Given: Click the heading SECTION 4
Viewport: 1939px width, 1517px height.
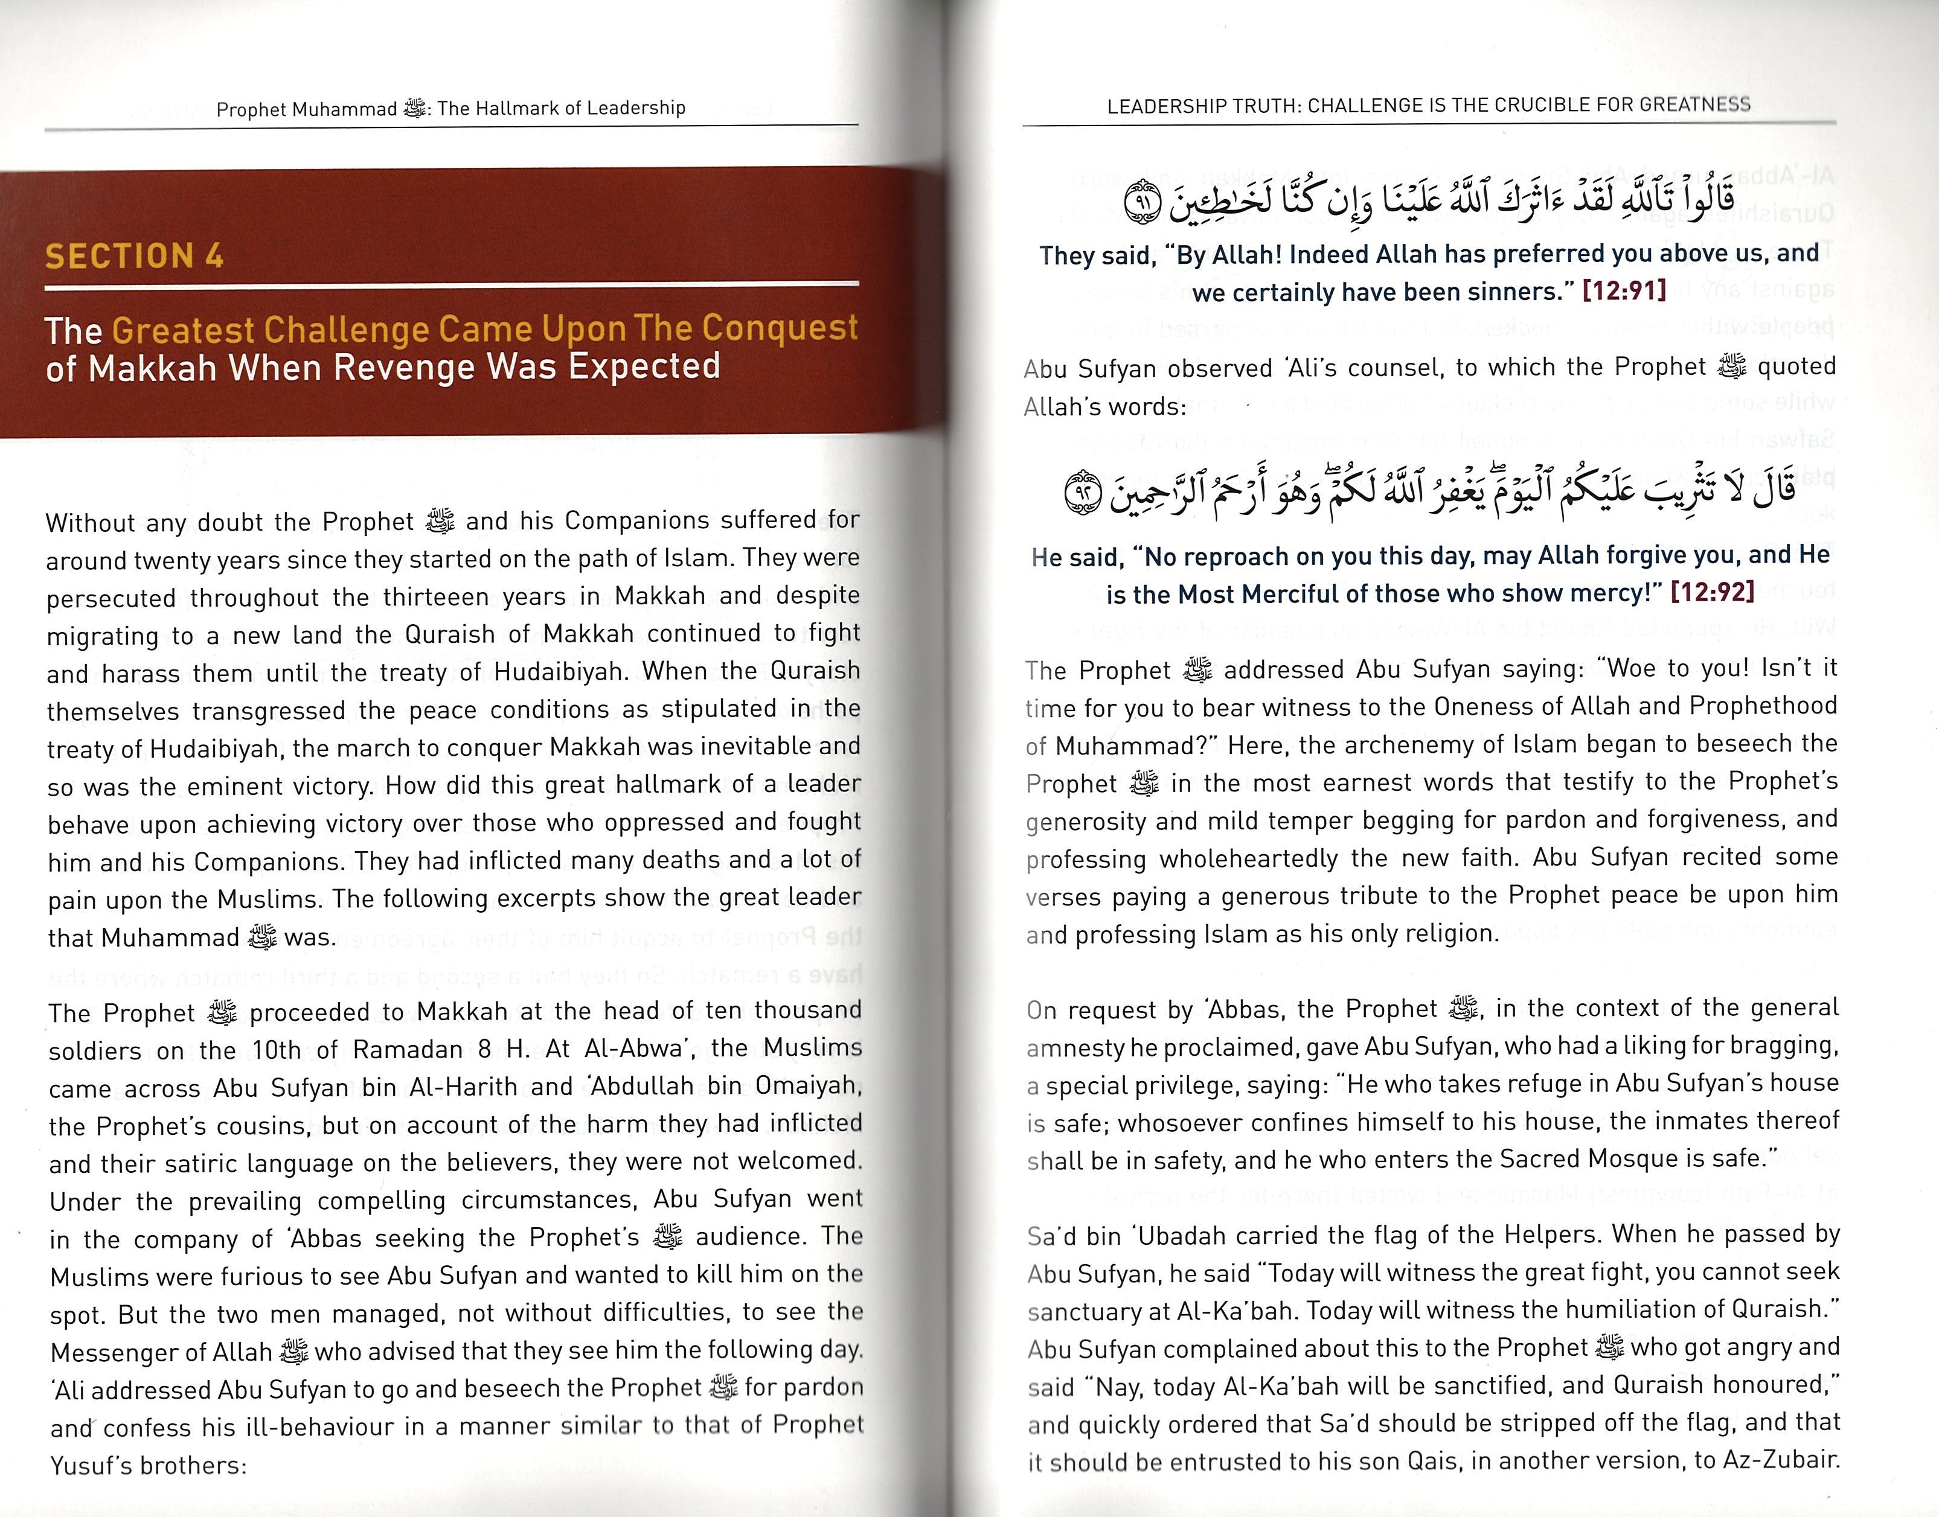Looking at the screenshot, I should [134, 256].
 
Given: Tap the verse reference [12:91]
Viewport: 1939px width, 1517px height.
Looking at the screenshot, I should [1624, 290].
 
